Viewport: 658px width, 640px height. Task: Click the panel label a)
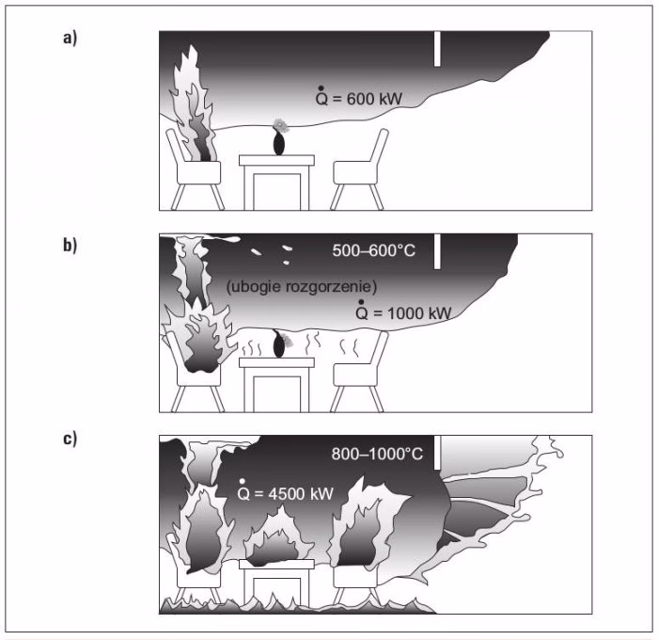click(70, 38)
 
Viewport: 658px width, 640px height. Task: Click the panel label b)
click(70, 245)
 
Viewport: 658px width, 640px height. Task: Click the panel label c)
click(70, 439)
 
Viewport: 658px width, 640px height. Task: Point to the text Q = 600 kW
click(359, 96)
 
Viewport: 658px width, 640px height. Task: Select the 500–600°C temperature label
click(373, 251)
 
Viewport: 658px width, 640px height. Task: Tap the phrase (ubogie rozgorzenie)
click(302, 287)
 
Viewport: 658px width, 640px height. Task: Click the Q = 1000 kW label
click(403, 311)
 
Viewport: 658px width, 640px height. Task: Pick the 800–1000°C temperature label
click(377, 454)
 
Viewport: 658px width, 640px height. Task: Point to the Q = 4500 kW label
click(286, 490)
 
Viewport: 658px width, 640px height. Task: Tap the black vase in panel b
click(278, 344)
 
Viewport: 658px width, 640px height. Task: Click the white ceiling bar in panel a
click(437, 49)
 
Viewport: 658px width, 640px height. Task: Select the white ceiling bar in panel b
click(437, 251)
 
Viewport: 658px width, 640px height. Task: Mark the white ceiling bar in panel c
click(437, 453)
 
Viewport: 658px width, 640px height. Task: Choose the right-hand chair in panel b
click(360, 373)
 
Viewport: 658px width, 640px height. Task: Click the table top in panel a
click(276, 160)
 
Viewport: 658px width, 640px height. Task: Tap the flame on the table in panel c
click(278, 538)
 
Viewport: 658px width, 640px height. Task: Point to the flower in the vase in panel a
click(279, 125)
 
